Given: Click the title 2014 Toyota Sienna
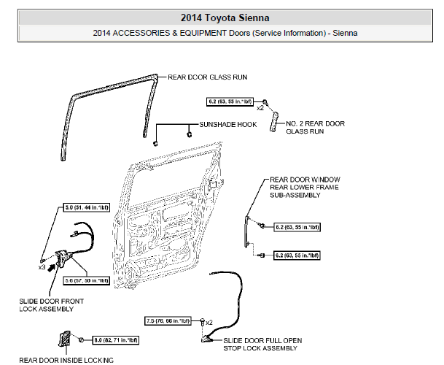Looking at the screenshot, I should pos(222,18).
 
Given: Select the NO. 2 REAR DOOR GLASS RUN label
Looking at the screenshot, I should pos(314,127).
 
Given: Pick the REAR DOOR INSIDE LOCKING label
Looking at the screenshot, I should pos(66,360).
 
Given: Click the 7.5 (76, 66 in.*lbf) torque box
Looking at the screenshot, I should pos(168,320).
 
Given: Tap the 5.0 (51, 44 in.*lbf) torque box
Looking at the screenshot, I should pos(83,209).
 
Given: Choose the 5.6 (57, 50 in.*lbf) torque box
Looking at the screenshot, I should pos(87,280).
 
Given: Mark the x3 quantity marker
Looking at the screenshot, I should pos(42,268).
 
